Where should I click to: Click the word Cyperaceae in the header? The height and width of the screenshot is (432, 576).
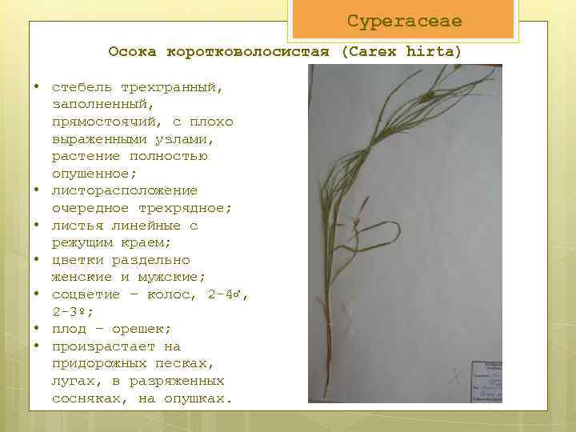pos(404,22)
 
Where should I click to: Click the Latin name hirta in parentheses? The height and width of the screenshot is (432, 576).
pos(434,52)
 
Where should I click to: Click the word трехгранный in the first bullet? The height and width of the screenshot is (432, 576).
pos(171,86)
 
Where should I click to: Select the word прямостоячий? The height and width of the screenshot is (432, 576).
pos(103,122)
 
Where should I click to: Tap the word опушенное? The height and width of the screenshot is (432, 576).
pos(94,174)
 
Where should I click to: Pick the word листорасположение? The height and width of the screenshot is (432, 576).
pos(125,190)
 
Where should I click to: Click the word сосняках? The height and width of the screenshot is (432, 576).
pos(86,398)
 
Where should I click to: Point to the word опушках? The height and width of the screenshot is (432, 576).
pos(194,398)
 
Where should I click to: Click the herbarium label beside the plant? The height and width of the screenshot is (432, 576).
pos(485,376)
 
